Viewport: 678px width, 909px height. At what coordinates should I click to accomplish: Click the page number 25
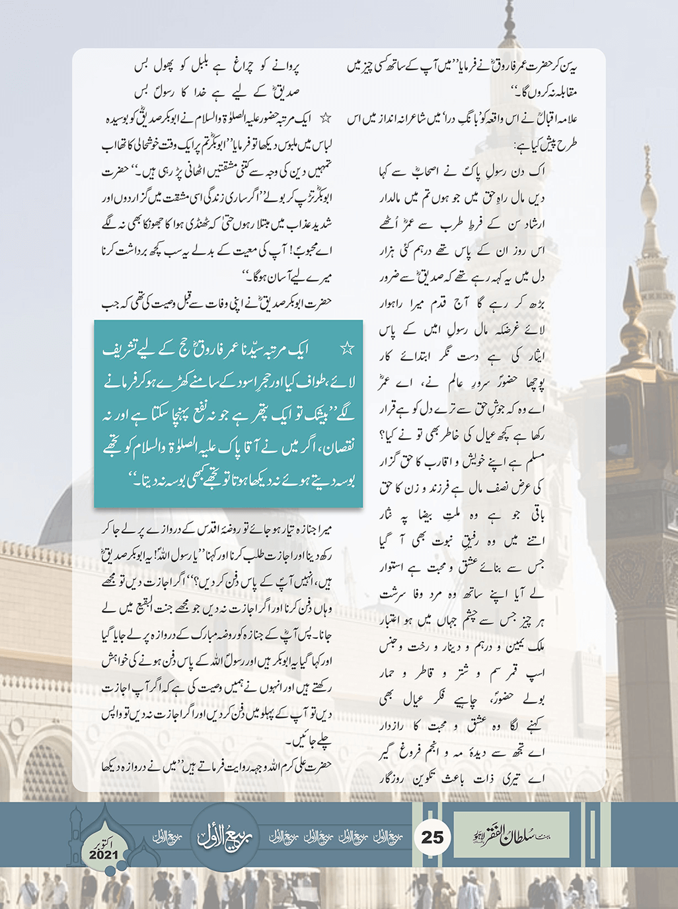[432, 837]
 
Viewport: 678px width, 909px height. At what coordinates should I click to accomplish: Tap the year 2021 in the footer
[104, 855]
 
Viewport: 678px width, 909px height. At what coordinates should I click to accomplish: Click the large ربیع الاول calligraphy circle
[225, 836]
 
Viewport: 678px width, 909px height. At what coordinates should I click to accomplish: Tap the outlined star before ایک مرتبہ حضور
[325, 120]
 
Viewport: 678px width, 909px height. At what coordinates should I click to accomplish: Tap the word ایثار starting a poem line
[533, 357]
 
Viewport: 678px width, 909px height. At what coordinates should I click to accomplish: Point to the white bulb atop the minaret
[649, 198]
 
